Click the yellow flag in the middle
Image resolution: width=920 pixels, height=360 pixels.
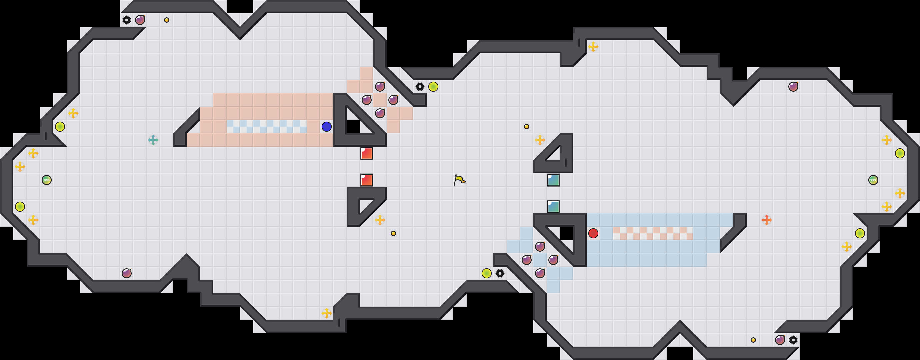click(459, 180)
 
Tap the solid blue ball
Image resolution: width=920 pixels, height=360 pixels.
click(326, 126)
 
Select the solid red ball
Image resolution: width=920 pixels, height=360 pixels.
click(593, 233)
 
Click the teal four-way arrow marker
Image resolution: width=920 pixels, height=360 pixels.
click(153, 140)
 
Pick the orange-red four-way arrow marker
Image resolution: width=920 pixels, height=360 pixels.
click(766, 220)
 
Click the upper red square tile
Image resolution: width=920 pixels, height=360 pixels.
click(366, 153)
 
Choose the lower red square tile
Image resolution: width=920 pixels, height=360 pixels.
click(366, 180)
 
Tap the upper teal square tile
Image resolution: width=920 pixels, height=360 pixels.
click(553, 180)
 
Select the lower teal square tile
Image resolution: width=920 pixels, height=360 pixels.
click(553, 206)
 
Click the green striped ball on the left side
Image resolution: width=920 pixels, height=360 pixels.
click(47, 180)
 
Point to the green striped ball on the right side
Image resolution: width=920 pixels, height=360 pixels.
click(873, 180)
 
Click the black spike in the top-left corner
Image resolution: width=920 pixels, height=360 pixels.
click(126, 20)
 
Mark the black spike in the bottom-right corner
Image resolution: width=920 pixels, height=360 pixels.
click(793, 340)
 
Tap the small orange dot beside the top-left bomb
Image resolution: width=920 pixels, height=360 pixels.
click(167, 20)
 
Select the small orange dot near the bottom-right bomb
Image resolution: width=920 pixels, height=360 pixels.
click(753, 340)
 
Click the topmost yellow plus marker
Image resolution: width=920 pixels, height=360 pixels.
click(593, 46)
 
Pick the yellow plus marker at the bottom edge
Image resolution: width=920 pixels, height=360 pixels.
click(326, 313)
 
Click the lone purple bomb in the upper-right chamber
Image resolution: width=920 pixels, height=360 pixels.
click(793, 86)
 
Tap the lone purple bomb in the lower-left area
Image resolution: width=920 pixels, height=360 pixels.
click(127, 273)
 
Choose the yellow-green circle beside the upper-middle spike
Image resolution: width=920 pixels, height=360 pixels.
click(433, 86)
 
